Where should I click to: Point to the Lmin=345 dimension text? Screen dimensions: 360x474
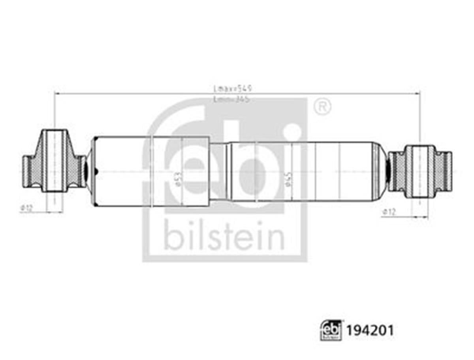tap(233, 99)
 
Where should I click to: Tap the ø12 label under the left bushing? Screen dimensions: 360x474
tap(26, 207)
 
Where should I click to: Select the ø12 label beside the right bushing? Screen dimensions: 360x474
tap(389, 212)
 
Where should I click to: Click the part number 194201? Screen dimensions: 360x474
tap(370, 330)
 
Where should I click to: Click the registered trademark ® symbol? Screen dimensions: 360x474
tap(322, 107)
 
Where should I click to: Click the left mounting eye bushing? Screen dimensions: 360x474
tap(55, 161)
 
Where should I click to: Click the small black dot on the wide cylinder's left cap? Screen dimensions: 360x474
tap(96, 171)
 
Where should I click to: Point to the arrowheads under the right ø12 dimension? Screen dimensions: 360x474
tap(419, 217)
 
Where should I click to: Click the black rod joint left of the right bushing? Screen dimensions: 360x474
tap(388, 171)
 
